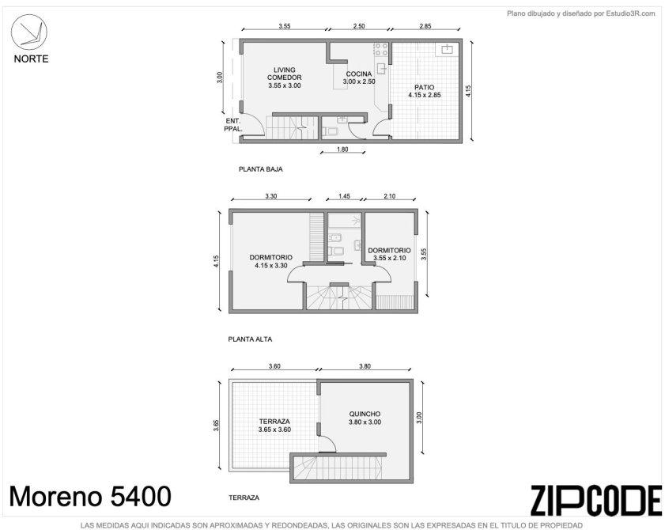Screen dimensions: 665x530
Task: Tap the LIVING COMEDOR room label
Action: pos(285,78)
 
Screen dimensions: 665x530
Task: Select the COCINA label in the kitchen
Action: pos(359,74)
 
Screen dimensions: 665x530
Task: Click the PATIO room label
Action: pos(425,88)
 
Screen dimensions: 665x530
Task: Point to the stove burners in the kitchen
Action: pos(381,49)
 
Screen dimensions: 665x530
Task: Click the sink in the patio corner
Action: pos(447,49)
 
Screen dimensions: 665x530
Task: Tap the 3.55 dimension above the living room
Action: pos(285,26)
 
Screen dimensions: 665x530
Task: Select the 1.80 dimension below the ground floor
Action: pos(342,149)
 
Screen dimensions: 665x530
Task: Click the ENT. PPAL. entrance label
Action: pos(232,125)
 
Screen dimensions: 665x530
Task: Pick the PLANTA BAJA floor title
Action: pos(260,168)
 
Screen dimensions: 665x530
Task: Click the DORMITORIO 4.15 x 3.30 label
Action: pos(271,261)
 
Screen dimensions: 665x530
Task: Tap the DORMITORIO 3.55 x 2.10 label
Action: pos(389,254)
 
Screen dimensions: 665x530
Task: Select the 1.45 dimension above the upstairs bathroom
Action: pos(344,196)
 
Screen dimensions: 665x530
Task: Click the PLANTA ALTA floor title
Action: pos(250,339)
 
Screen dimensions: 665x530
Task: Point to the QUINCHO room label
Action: pos(365,414)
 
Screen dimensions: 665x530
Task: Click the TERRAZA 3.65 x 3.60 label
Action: pos(274,426)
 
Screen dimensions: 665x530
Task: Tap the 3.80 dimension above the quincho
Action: pos(365,366)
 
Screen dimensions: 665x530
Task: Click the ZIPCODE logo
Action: pos(596,501)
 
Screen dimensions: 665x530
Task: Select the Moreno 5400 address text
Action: pos(90,496)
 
